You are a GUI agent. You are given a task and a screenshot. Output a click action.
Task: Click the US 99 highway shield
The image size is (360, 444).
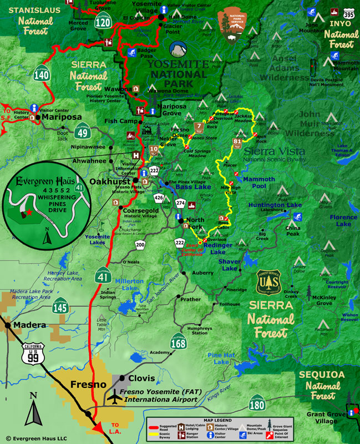click(33, 353)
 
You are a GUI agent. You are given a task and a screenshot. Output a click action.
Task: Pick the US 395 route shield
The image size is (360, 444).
click(349, 12)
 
